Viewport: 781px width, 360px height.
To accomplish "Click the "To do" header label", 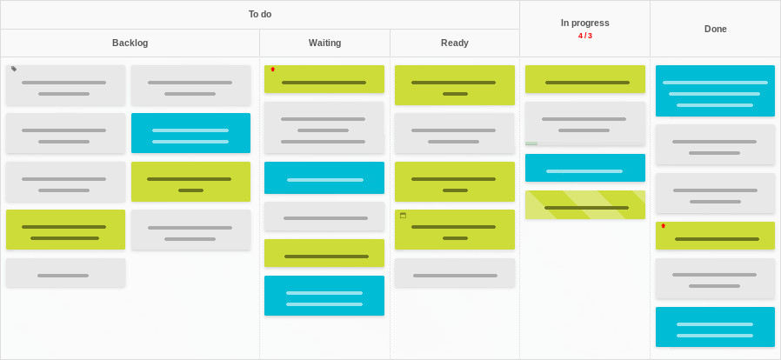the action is tap(260, 15).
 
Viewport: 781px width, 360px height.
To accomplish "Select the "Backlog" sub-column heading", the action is tap(130, 43).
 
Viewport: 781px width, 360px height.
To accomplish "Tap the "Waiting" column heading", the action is tap(324, 43).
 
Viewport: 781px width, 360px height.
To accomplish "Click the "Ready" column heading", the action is tap(455, 43).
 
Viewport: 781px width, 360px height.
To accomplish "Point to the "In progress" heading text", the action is tap(584, 23).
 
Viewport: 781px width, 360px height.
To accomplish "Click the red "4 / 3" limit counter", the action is tap(584, 36).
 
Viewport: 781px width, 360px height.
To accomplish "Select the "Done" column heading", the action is tap(715, 29).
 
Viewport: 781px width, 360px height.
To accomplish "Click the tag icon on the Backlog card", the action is tap(14, 69).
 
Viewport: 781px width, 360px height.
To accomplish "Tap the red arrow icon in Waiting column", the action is tap(272, 70).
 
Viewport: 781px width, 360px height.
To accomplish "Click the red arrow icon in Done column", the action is tap(663, 225).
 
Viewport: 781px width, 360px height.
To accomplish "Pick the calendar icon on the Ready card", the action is tap(403, 215).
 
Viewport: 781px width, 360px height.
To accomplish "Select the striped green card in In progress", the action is tap(584, 204).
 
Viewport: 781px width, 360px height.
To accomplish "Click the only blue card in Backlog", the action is tap(190, 133).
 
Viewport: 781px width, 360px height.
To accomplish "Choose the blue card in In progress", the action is tap(584, 168).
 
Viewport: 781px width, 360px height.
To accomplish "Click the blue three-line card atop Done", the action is tap(715, 90).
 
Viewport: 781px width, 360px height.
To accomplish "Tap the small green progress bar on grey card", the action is tap(531, 143).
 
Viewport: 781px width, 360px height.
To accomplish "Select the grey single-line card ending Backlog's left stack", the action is tap(66, 273).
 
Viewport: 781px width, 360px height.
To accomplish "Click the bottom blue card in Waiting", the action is tap(324, 296).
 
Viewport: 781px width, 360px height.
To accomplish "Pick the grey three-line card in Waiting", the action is tap(324, 128).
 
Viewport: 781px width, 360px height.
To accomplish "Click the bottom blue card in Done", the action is tap(715, 327).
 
